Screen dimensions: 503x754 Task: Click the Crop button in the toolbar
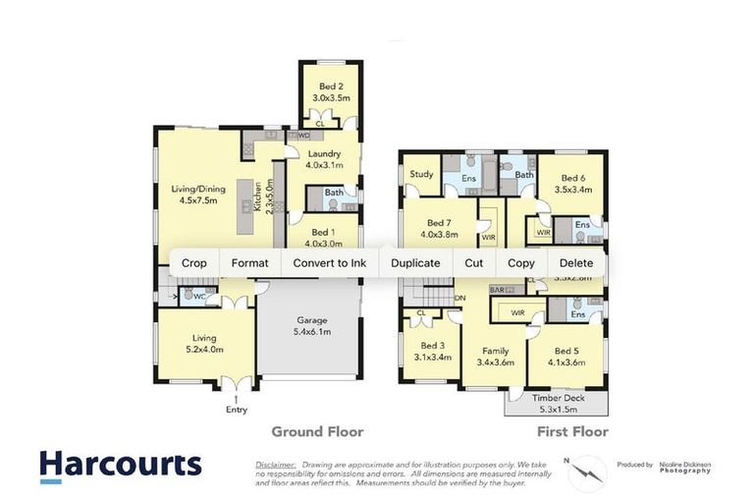(194, 263)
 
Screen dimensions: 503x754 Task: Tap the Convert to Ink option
(329, 263)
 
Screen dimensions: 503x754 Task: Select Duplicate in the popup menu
(415, 263)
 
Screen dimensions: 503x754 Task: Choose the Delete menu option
(576, 263)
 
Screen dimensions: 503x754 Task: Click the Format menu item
(249, 263)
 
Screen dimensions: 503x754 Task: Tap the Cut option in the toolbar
(474, 263)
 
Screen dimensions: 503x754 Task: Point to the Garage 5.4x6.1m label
(312, 326)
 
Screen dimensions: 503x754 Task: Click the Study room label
(422, 175)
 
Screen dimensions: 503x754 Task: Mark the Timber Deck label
(556, 403)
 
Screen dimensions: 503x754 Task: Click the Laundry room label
(323, 159)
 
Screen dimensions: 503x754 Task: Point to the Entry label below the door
(236, 409)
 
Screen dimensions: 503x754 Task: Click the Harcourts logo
(120, 465)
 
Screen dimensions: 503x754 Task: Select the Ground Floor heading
(317, 431)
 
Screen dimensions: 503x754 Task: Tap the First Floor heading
(572, 431)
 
